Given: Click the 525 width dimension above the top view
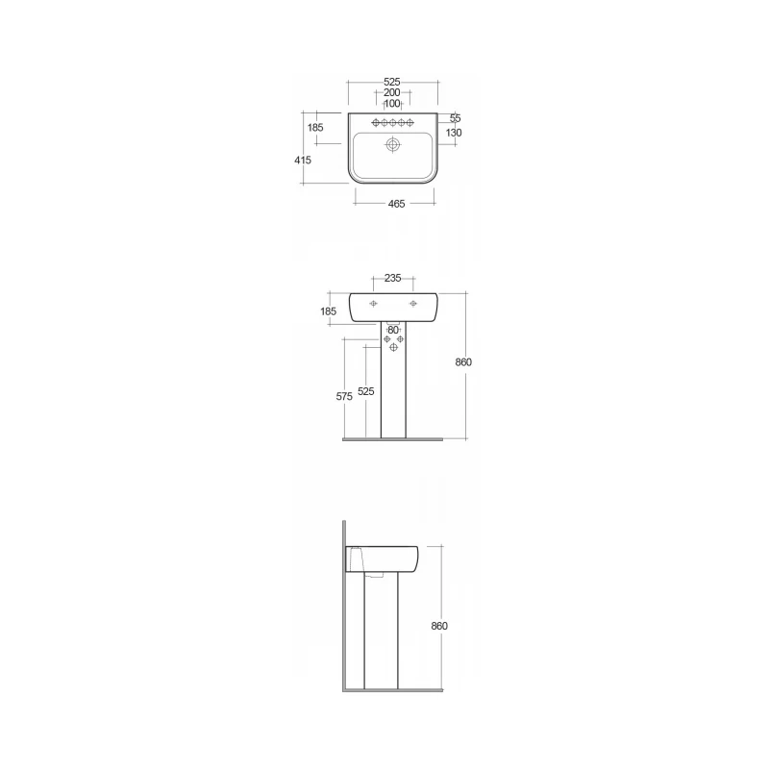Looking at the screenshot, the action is (x=392, y=82).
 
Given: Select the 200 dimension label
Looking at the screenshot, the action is (x=392, y=92).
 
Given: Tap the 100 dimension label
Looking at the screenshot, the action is (x=392, y=104).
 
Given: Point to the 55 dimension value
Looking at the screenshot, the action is (x=455, y=118).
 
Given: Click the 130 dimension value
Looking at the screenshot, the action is (x=454, y=133).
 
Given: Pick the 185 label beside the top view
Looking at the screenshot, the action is (x=315, y=128).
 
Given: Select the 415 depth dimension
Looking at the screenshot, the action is (x=303, y=160).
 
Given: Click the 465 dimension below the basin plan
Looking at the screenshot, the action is (x=396, y=204).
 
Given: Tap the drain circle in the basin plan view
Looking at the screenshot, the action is (x=393, y=145).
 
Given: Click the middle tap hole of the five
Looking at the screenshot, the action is (x=393, y=123).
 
